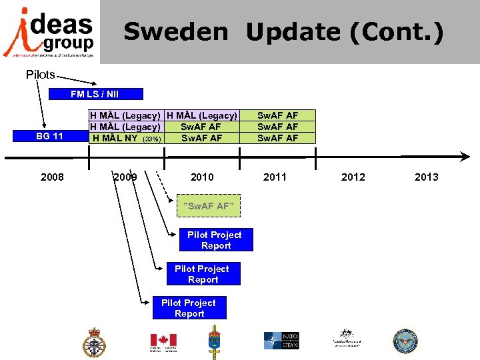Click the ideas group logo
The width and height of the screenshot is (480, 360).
point(49,31)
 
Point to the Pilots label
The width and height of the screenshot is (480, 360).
point(40,74)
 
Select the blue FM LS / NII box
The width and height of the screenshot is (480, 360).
point(95,94)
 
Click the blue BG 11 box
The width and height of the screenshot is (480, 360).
point(49,137)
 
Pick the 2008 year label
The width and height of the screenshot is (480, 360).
point(52,177)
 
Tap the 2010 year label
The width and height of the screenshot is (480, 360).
point(202,177)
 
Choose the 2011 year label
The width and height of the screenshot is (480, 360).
point(275,177)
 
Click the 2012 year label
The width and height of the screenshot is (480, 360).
point(353,177)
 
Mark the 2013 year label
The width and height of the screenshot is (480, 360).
point(426,177)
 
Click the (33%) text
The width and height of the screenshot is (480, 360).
point(152,139)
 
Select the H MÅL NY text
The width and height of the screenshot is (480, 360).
point(115,138)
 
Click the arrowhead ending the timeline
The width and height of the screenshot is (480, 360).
point(465,157)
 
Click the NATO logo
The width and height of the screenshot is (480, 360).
point(281,340)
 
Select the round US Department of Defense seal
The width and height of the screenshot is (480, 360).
point(405,341)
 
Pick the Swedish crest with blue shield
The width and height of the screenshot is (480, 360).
point(215,341)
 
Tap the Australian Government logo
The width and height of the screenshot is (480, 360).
point(346,338)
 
